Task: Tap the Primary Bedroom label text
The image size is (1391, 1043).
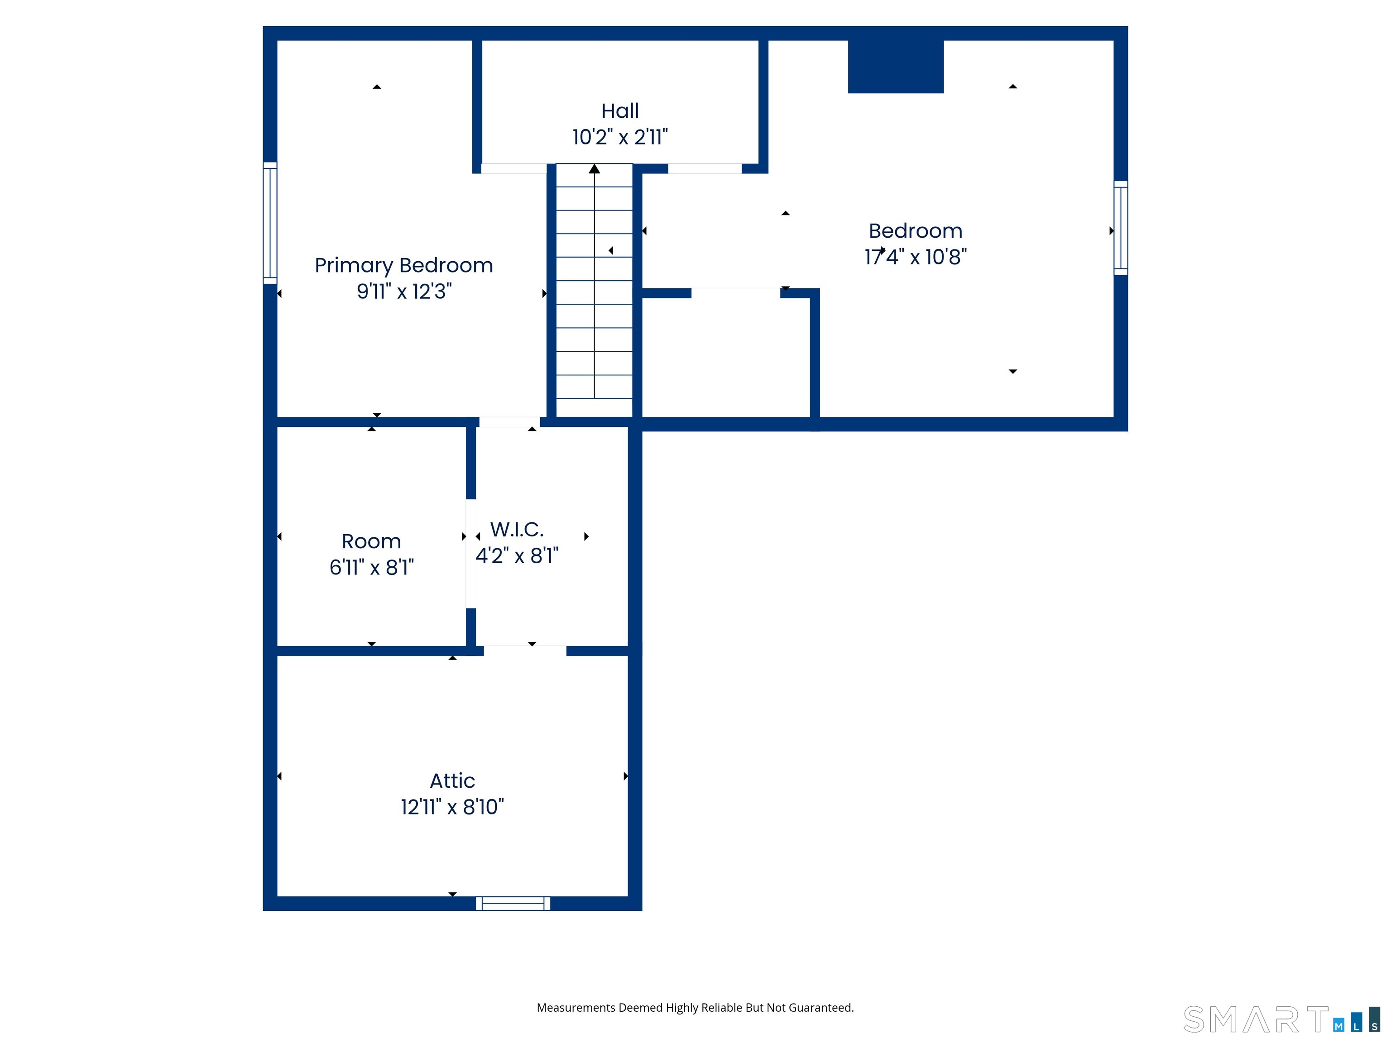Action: (x=404, y=266)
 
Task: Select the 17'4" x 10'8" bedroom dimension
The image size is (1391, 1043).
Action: (x=916, y=257)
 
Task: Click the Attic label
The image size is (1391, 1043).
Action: (x=452, y=781)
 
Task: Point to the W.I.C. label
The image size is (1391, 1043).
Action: (x=517, y=529)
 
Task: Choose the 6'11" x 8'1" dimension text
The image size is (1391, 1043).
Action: (x=372, y=568)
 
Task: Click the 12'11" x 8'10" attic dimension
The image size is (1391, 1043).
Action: (x=452, y=807)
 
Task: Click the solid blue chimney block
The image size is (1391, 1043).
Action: (x=896, y=67)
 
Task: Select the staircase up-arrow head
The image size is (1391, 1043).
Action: (x=594, y=168)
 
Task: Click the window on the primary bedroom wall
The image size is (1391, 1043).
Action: (x=270, y=223)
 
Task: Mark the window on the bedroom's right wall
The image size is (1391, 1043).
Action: (x=1121, y=228)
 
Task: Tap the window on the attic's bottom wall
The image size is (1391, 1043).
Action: (x=513, y=904)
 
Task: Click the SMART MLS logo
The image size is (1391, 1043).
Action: (x=1281, y=1019)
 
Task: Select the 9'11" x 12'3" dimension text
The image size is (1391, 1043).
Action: (x=404, y=292)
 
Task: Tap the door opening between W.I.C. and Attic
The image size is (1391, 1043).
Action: (x=525, y=651)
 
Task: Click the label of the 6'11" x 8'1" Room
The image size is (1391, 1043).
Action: (x=372, y=541)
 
